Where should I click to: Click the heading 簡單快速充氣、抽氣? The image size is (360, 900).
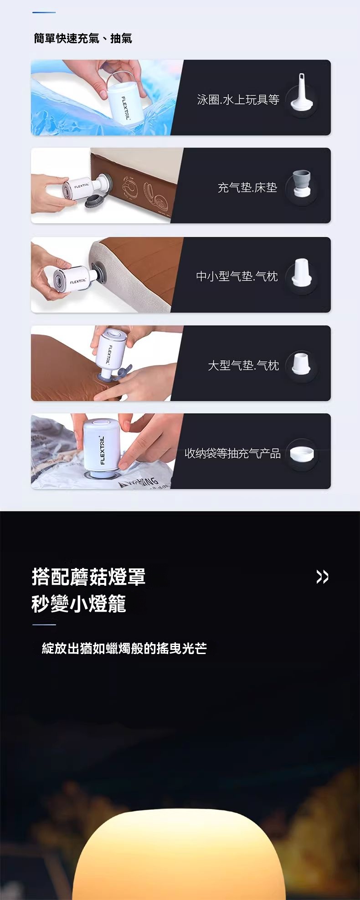(83, 38)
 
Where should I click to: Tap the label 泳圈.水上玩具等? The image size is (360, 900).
(238, 99)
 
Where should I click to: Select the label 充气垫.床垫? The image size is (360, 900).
(247, 187)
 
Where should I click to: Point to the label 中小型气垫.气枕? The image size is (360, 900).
(237, 276)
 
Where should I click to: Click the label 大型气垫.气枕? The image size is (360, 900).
(243, 365)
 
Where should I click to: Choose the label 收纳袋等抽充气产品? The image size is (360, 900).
(232, 453)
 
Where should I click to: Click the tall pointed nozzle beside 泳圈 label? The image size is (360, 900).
(301, 93)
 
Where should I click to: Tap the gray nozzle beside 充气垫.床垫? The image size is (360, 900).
(301, 183)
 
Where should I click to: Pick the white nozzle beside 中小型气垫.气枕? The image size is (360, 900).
(301, 272)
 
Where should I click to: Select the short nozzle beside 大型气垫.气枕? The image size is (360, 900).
(301, 363)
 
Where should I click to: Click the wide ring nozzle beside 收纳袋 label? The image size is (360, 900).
(301, 452)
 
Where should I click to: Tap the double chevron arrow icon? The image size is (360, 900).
(322, 577)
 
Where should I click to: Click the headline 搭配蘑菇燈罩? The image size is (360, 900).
(89, 577)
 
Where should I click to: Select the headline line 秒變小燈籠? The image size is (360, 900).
(79, 604)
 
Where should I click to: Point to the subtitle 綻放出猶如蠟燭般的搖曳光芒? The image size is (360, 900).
(124, 648)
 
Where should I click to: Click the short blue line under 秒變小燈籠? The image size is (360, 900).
(44, 625)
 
